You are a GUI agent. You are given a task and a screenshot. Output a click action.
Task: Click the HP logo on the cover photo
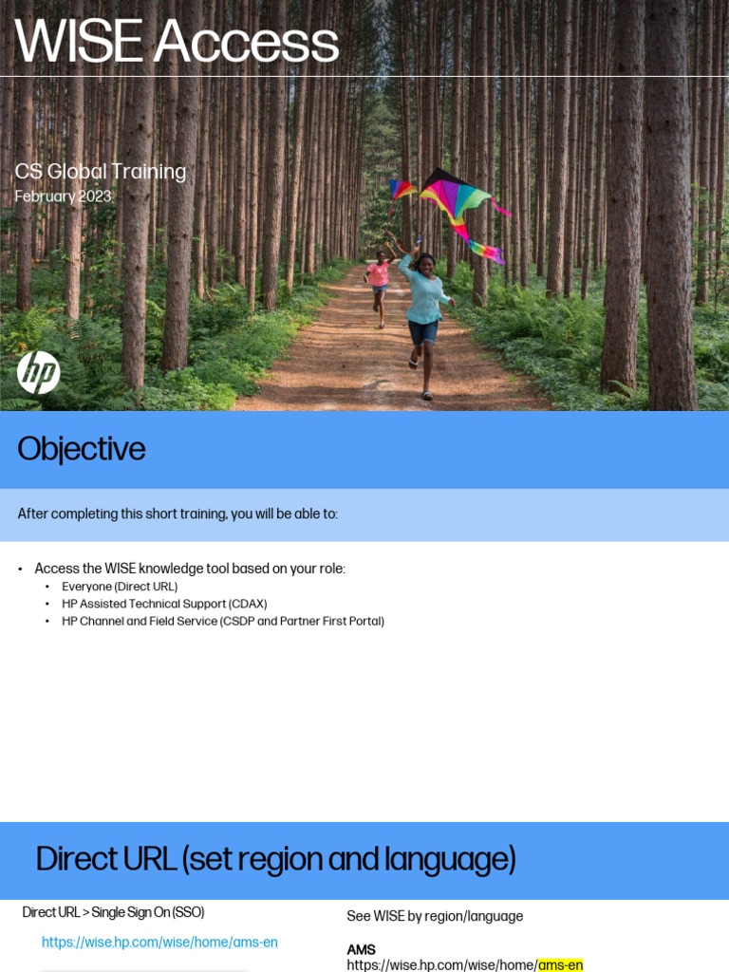point(39,372)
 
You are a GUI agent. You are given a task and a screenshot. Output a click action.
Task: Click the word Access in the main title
point(246,42)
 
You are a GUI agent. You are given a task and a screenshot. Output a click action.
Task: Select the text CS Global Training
point(101,172)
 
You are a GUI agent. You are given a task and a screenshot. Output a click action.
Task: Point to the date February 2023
point(63,196)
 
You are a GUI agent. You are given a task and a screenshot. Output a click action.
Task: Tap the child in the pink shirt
point(379,276)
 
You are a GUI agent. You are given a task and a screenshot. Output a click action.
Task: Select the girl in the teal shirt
point(422,304)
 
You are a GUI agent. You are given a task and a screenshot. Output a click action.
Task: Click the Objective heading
point(82,449)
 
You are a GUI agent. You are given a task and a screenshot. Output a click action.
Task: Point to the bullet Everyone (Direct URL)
point(120,587)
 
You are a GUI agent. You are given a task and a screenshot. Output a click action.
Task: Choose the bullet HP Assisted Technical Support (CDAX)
point(164,604)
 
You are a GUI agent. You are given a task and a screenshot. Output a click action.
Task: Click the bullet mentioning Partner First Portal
point(223,621)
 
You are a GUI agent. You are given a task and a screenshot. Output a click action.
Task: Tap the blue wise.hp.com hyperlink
point(159,943)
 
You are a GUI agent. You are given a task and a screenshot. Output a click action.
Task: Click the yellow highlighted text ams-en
point(560,964)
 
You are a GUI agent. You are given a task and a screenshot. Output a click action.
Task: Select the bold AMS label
point(362,949)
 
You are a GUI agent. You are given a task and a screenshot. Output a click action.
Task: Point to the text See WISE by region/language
point(435,916)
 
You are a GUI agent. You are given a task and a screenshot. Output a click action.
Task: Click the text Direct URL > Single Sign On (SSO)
point(113,912)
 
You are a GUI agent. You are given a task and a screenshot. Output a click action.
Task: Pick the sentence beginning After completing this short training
point(178,514)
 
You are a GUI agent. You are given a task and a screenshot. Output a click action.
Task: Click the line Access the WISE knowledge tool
point(190,569)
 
